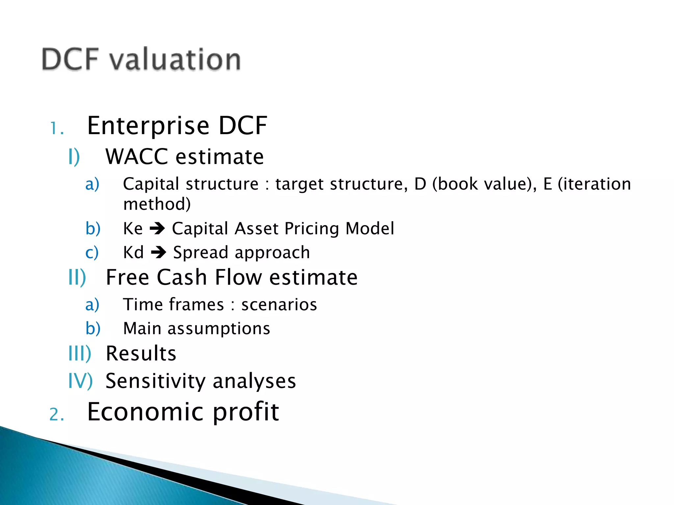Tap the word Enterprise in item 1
tap(148, 126)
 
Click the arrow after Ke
tap(157, 228)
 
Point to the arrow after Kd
tap(159, 252)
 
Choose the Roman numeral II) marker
tap(77, 277)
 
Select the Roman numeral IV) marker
tap(80, 381)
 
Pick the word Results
tap(141, 353)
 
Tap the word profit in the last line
tap(246, 412)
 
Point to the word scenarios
tap(279, 304)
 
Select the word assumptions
tap(219, 329)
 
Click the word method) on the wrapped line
tap(157, 204)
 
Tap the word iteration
tap(594, 184)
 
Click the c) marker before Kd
tap(92, 252)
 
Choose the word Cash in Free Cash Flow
tap(182, 277)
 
